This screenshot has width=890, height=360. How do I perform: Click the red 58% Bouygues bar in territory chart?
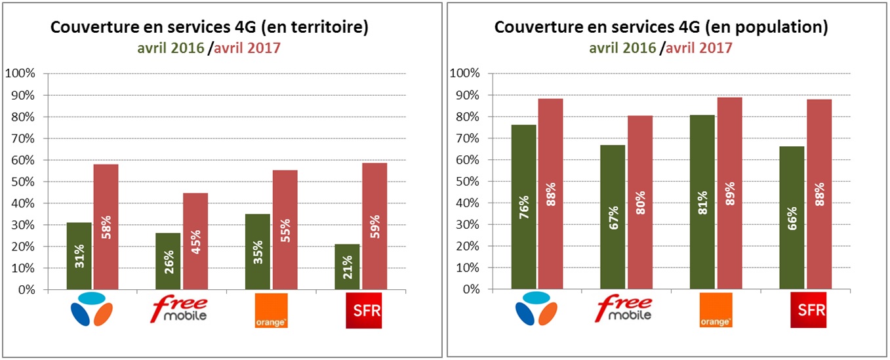tap(106, 226)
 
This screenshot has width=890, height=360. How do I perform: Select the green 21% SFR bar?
tap(347, 266)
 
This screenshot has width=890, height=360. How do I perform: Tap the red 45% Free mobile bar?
tap(195, 241)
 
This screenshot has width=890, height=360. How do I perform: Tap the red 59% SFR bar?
tap(374, 226)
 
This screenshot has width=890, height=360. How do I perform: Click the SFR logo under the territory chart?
tap(363, 311)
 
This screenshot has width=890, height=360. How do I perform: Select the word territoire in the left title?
tap(327, 28)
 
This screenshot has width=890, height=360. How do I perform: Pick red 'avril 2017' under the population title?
tap(699, 48)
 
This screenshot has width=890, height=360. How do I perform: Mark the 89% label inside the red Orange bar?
tap(729, 193)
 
